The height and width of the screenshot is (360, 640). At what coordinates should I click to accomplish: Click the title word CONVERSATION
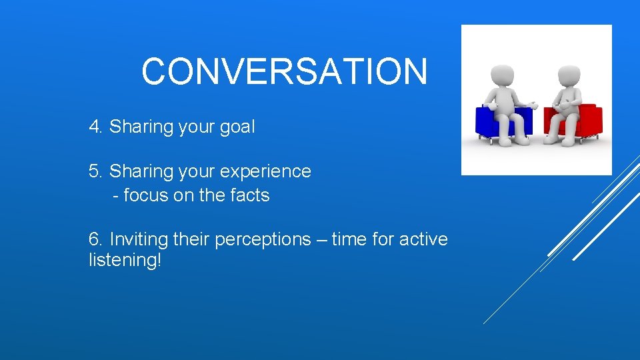(x=284, y=71)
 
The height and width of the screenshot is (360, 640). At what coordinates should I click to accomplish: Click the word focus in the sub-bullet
(x=146, y=195)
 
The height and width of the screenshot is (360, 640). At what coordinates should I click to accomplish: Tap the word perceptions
(x=263, y=239)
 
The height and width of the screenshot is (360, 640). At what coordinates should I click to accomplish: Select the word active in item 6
(x=423, y=239)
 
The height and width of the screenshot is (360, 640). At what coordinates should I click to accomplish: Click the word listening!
(x=125, y=260)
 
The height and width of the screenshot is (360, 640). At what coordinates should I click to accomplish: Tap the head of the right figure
(x=569, y=74)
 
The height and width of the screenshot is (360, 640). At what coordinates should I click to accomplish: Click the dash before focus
(x=117, y=196)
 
